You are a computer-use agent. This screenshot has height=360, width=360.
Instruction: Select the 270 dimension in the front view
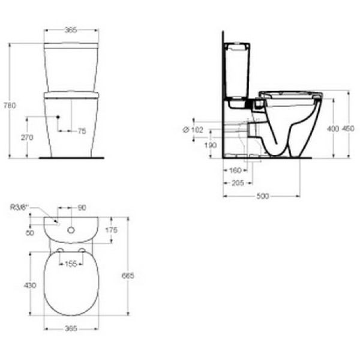(27, 137)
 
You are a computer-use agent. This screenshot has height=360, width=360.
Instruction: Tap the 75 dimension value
(82, 131)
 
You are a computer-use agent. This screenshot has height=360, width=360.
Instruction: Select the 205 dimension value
(237, 184)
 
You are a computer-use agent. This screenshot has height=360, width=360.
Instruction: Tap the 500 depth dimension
(262, 196)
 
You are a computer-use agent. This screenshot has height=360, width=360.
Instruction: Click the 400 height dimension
(332, 129)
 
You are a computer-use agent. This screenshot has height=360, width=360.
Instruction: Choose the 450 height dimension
(349, 129)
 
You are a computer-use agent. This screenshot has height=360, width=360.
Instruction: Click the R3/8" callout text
(20, 208)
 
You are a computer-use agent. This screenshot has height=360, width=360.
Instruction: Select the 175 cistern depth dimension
(110, 230)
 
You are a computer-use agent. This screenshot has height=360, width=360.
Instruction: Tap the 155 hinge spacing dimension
(71, 264)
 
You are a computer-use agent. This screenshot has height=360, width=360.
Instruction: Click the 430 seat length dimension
(30, 285)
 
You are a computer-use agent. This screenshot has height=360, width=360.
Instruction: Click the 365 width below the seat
(71, 328)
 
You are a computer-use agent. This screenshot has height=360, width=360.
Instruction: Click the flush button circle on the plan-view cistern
(71, 229)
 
